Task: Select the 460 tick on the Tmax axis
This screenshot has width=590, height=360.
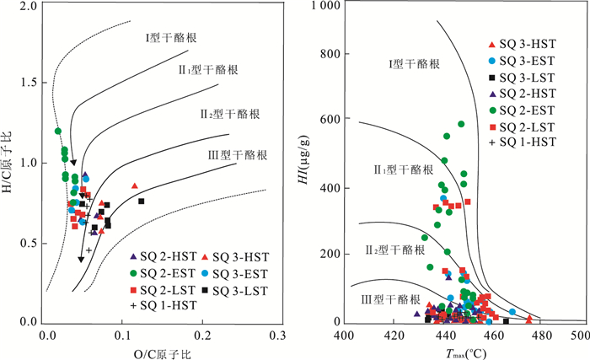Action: (x=485, y=323)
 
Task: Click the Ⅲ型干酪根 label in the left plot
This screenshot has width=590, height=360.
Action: (x=239, y=155)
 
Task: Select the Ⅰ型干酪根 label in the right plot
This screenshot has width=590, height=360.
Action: (x=412, y=64)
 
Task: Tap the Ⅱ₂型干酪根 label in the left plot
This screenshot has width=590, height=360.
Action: (x=229, y=113)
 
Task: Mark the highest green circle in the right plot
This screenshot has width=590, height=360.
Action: (x=461, y=124)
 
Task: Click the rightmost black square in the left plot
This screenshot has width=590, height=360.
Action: (x=142, y=201)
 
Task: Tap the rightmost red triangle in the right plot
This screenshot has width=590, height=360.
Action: (x=529, y=319)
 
